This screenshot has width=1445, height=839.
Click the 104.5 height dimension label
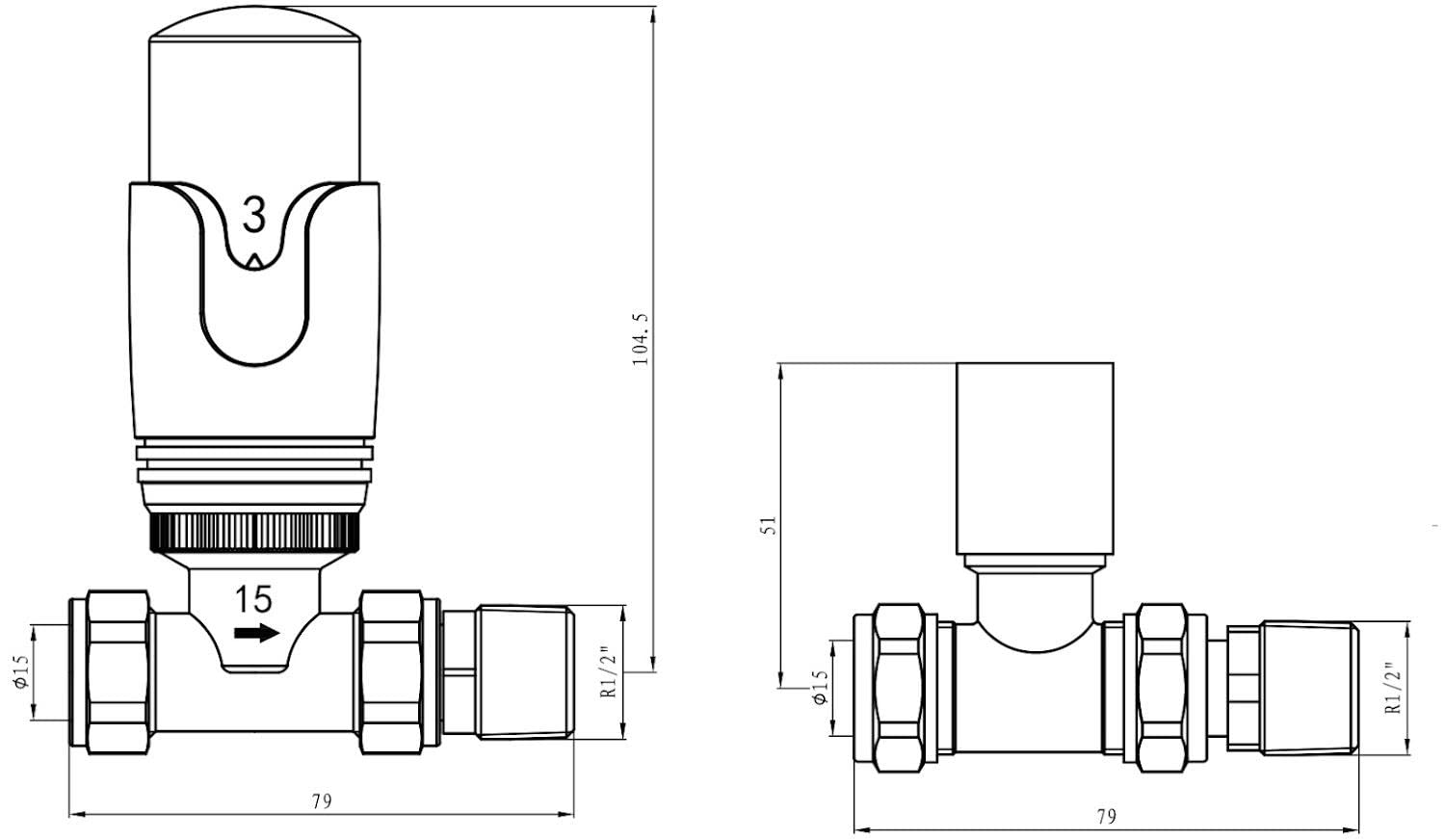[642, 340]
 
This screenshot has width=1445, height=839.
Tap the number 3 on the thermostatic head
[253, 216]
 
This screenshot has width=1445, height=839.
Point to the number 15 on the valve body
[252, 600]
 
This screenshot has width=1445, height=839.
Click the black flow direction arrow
[257, 633]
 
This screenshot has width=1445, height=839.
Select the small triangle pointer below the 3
[254, 260]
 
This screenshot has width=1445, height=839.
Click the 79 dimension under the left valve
[322, 801]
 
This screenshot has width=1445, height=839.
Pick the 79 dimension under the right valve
[1106, 817]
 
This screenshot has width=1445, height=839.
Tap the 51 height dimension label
[769, 525]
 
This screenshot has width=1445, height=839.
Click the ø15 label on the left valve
[21, 671]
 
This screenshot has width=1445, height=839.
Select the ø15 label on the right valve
[819, 687]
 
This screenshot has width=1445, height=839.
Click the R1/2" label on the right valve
[1394, 688]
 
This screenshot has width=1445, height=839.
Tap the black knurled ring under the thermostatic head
[254, 532]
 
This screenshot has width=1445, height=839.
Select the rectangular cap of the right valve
[1035, 459]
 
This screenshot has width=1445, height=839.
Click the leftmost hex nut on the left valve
[118, 672]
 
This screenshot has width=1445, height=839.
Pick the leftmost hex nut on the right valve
[901, 688]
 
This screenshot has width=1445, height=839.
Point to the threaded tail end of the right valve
[1309, 688]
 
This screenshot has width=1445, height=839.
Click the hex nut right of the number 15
[391, 672]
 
